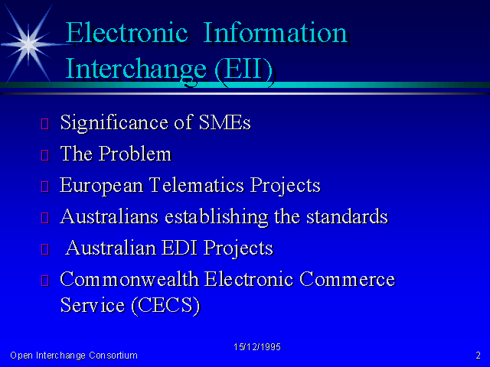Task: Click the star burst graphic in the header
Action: (x=29, y=44)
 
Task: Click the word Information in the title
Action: (x=276, y=33)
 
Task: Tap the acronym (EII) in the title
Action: (x=243, y=70)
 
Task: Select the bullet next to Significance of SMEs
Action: (x=45, y=124)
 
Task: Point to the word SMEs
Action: (x=224, y=122)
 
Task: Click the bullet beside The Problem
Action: (x=45, y=155)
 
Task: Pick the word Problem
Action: (x=135, y=154)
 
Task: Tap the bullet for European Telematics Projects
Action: (x=45, y=187)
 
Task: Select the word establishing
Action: (x=216, y=217)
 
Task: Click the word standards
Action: (x=347, y=216)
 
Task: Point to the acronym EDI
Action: (x=180, y=248)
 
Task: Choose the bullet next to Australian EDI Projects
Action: (x=45, y=249)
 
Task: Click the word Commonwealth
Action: (x=129, y=278)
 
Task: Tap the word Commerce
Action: (x=347, y=279)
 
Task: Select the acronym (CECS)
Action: (x=165, y=305)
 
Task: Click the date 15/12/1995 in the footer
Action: (x=257, y=347)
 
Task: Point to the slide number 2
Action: (x=478, y=355)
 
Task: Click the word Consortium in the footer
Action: (x=113, y=356)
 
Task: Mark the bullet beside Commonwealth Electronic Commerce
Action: (x=45, y=281)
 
